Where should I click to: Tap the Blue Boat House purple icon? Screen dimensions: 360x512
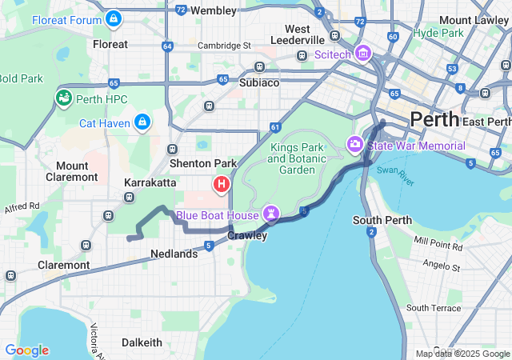pyautogui.click(x=273, y=214)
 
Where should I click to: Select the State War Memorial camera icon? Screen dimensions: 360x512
pyautogui.click(x=354, y=145)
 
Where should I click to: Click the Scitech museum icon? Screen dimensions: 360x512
pyautogui.click(x=363, y=54)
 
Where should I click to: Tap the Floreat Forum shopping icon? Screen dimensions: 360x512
pyautogui.click(x=114, y=18)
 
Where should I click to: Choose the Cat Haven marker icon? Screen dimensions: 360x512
pyautogui.click(x=142, y=122)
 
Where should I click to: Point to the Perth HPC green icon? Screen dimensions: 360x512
pyautogui.click(x=63, y=98)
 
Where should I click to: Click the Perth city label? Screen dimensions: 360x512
pyautogui.click(x=434, y=120)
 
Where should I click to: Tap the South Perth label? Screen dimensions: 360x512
pyautogui.click(x=382, y=220)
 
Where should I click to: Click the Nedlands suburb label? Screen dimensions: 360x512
pyautogui.click(x=174, y=254)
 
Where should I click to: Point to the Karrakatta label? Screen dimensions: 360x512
pyautogui.click(x=150, y=182)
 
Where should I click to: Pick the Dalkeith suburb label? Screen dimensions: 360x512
pyautogui.click(x=142, y=342)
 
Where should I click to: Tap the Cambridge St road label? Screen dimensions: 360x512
pyautogui.click(x=224, y=46)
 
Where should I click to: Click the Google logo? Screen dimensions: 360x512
pyautogui.click(x=26, y=350)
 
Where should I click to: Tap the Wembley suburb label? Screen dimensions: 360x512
pyautogui.click(x=214, y=10)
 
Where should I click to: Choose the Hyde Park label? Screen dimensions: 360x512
pyautogui.click(x=439, y=34)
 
